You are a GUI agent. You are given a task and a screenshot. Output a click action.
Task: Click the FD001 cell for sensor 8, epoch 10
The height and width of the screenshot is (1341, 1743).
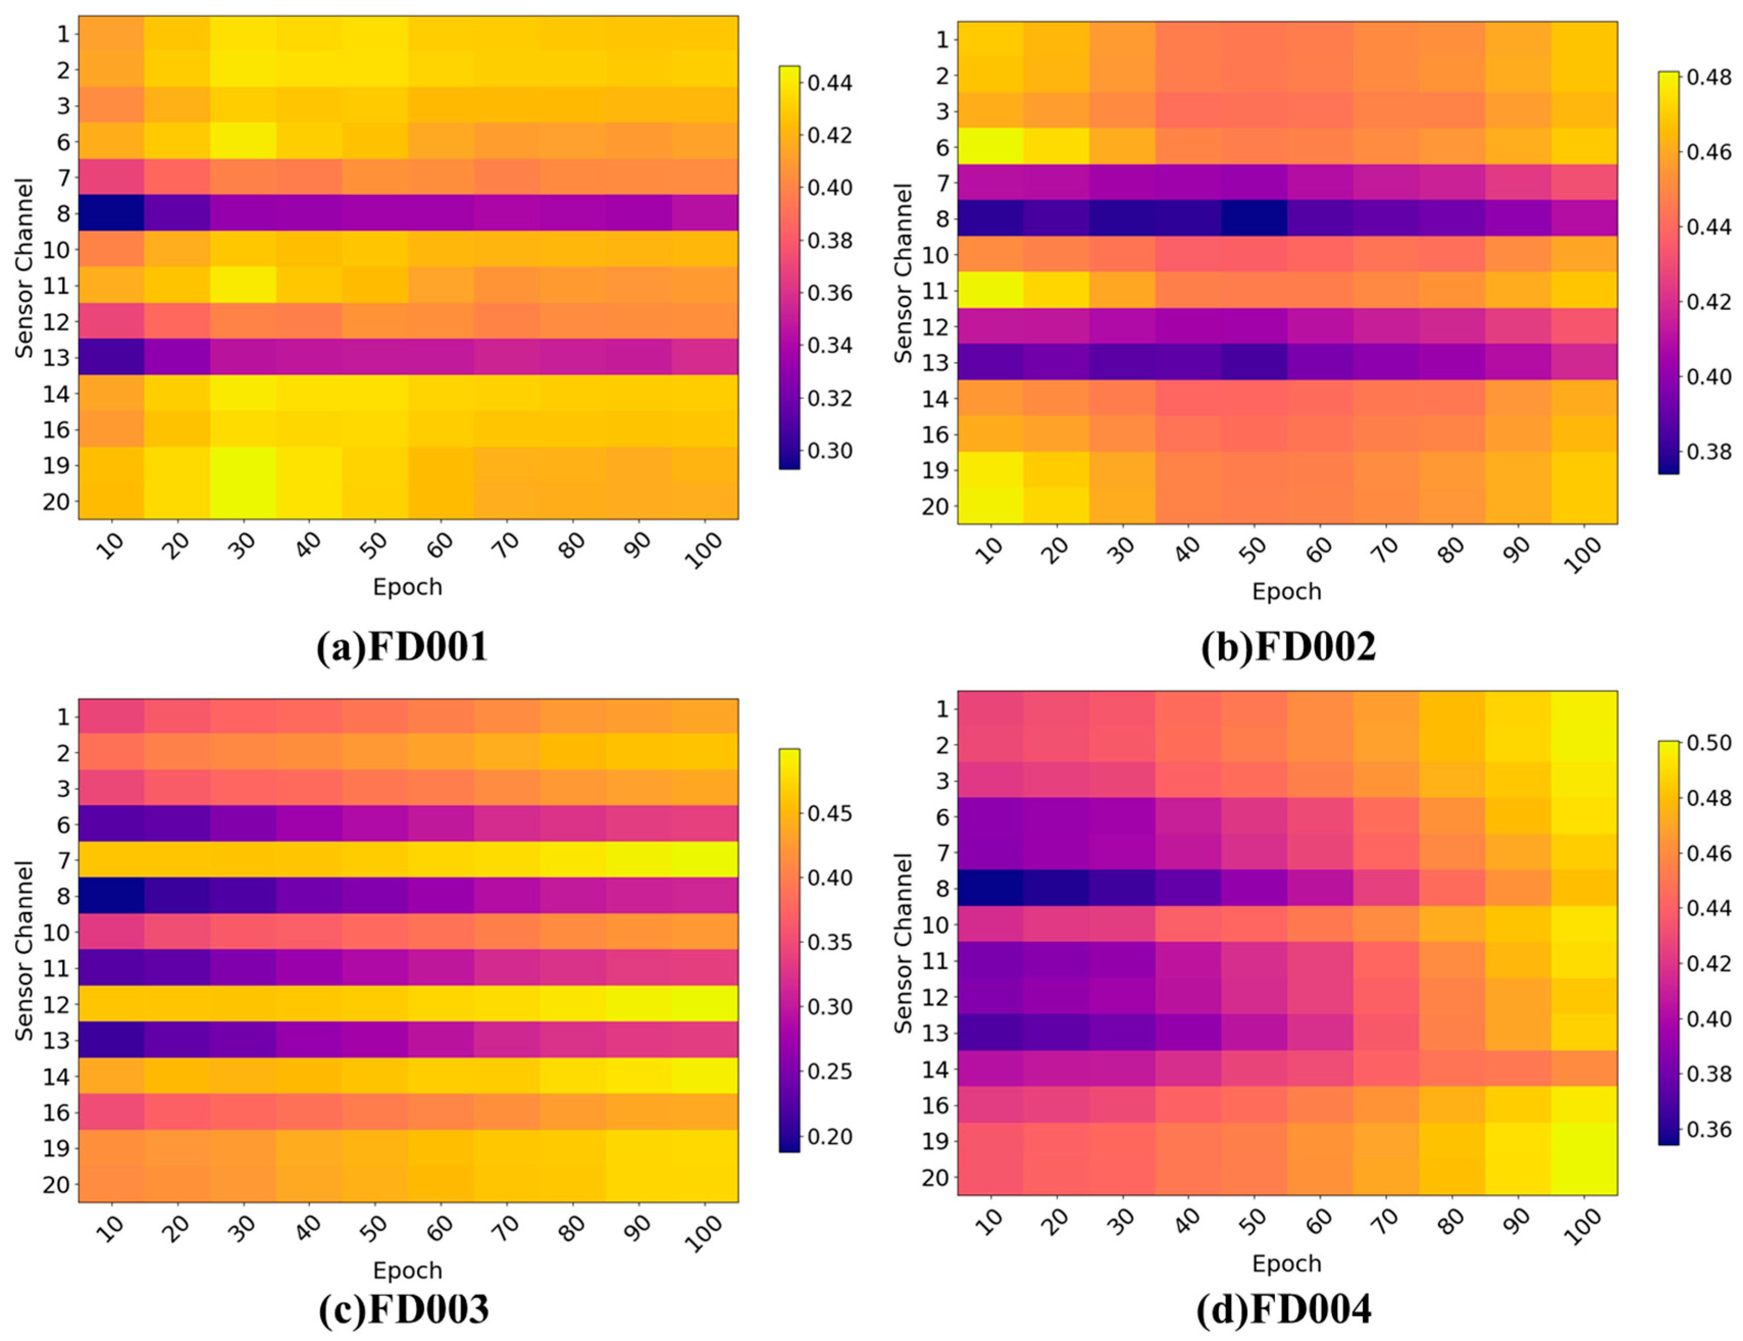[111, 213]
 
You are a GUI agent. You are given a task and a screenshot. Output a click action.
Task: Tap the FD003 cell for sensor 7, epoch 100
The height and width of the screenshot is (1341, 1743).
[705, 860]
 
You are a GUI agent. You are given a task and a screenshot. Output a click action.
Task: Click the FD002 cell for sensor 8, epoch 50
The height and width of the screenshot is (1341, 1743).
[1254, 218]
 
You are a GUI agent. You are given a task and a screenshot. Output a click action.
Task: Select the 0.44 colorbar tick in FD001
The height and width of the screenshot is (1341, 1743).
[829, 82]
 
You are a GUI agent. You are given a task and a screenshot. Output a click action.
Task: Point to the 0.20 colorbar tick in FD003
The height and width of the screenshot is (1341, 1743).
[829, 1136]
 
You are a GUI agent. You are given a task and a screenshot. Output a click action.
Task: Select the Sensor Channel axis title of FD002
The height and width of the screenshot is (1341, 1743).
[903, 273]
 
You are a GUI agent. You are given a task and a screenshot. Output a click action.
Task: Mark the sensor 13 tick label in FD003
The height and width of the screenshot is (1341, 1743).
[56, 1040]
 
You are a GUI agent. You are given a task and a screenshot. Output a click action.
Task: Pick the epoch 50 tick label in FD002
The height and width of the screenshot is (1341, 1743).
[1254, 550]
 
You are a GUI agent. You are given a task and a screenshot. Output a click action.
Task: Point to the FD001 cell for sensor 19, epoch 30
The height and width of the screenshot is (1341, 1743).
[243, 465]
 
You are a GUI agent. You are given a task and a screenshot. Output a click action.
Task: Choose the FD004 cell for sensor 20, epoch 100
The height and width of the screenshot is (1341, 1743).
[1584, 1177]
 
